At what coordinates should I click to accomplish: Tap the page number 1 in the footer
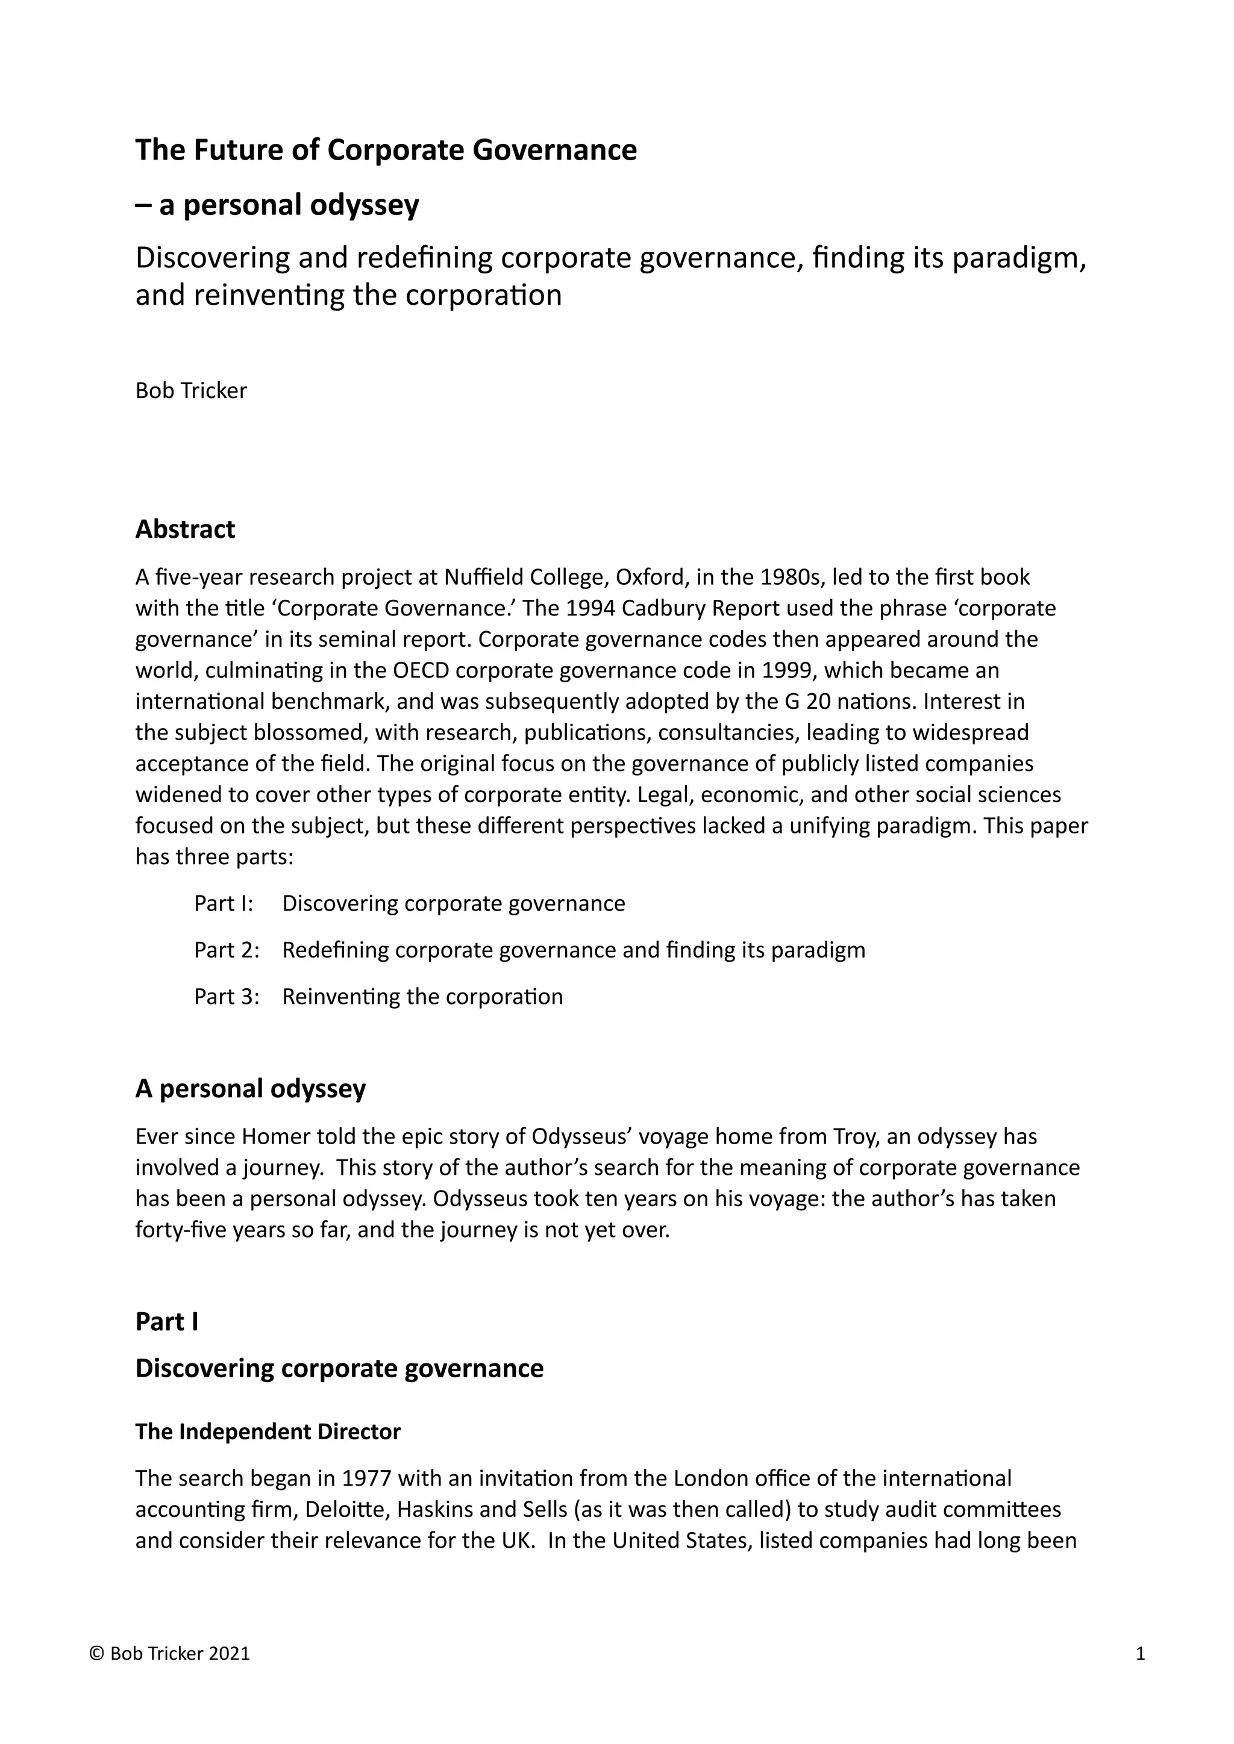click(x=1140, y=1654)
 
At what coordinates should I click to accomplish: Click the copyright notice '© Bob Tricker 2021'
click(x=169, y=1654)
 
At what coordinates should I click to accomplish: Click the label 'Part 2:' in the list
click(x=227, y=950)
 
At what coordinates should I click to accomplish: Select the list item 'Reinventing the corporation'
click(x=422, y=997)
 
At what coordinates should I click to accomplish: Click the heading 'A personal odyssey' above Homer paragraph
click(x=250, y=1088)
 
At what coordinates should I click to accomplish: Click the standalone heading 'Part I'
click(x=166, y=1322)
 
